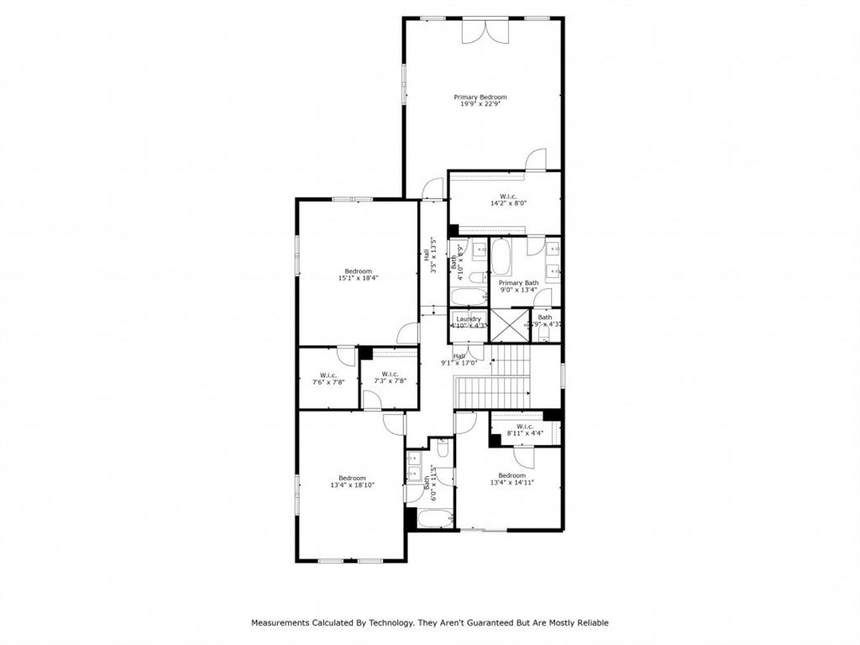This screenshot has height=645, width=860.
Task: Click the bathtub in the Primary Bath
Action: click(x=501, y=258)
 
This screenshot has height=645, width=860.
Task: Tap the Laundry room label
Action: click(x=469, y=319)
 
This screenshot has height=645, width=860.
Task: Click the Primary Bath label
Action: click(x=519, y=283)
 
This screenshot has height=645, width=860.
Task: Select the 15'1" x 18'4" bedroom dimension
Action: click(x=358, y=278)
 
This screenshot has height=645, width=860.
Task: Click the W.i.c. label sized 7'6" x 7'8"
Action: click(x=328, y=375)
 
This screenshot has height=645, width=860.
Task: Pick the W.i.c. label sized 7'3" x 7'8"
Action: click(x=390, y=374)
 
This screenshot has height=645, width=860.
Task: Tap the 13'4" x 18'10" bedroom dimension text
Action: click(x=351, y=485)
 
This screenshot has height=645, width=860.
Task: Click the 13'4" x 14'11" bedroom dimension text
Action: click(x=512, y=483)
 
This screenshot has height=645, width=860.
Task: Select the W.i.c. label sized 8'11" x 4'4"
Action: click(x=525, y=427)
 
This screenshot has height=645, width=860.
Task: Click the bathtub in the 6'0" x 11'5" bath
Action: click(x=429, y=519)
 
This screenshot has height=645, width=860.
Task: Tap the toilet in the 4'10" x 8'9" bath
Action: click(x=477, y=278)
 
